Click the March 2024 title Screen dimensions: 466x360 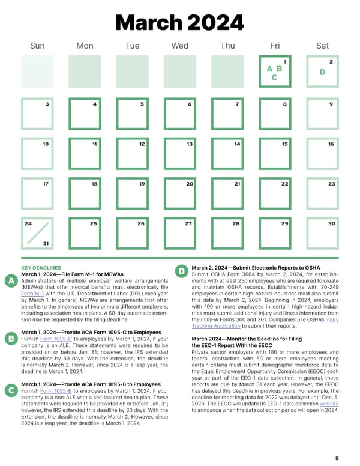click(x=180, y=22)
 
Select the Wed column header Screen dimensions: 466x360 click(x=179, y=46)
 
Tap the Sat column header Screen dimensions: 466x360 click(x=322, y=46)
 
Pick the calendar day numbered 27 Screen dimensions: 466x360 click(x=179, y=234)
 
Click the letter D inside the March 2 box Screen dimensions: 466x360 click(x=322, y=72)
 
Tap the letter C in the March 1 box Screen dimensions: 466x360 click(x=274, y=78)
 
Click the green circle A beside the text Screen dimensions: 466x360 click(x=10, y=281)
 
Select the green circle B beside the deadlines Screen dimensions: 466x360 click(x=10, y=339)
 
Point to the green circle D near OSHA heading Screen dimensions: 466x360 click(x=182, y=272)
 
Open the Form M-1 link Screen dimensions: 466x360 click(x=31, y=294)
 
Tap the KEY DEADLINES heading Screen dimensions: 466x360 click(x=41, y=268)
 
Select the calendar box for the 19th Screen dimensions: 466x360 click(x=132, y=193)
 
